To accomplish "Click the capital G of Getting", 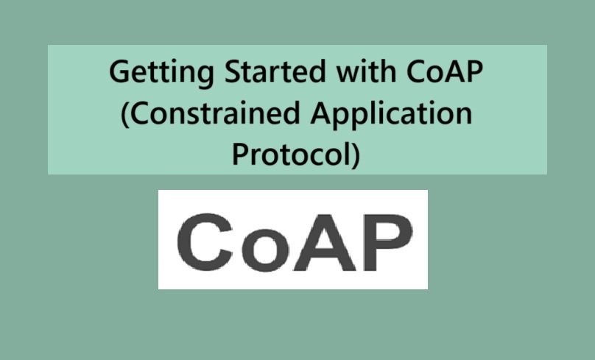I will click(x=118, y=73).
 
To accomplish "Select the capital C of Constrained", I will click(x=138, y=115).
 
